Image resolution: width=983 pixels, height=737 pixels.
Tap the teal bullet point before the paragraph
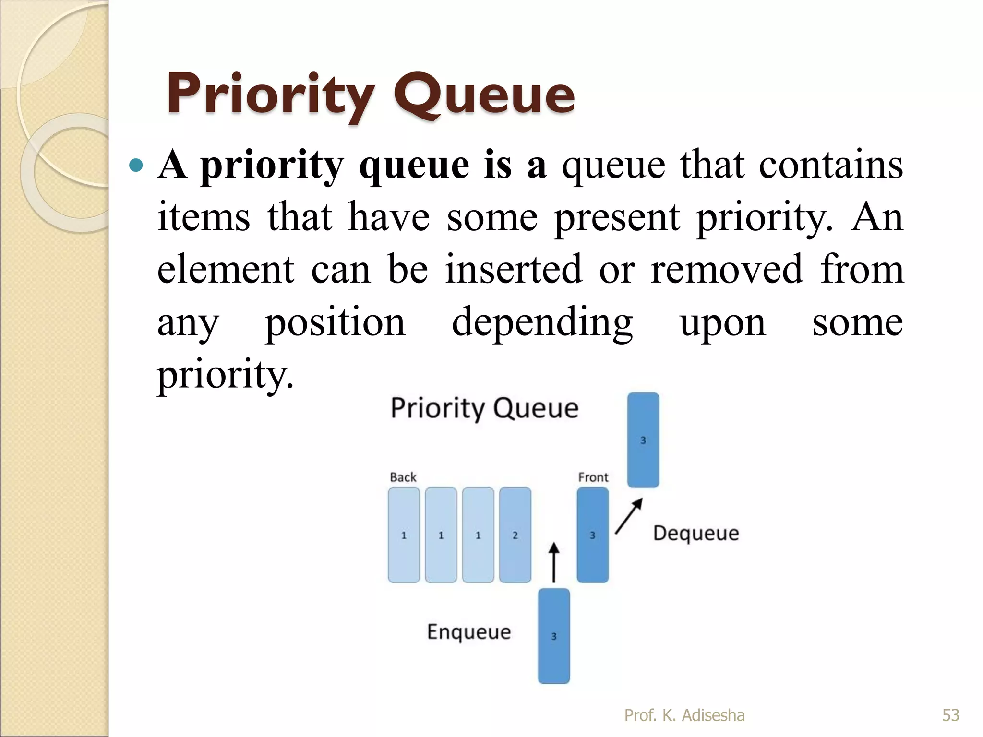(136, 166)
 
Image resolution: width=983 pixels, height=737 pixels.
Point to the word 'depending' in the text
(542, 322)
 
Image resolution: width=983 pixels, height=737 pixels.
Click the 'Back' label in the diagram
(403, 477)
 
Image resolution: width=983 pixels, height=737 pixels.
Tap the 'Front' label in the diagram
(593, 477)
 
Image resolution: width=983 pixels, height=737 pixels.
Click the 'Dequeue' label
(696, 534)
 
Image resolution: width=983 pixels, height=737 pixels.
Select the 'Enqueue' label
(469, 632)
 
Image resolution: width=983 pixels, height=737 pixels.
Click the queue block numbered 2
(515, 535)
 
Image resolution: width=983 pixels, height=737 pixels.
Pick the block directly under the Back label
(404, 535)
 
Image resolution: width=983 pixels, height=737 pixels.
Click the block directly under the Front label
(593, 535)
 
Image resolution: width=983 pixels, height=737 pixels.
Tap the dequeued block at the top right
(643, 440)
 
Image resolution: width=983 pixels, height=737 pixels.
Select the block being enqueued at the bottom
(554, 636)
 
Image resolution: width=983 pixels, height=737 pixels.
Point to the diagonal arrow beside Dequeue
(628, 516)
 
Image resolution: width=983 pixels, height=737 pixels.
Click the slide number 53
(950, 715)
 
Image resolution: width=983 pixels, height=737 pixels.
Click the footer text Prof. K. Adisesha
(684, 715)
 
